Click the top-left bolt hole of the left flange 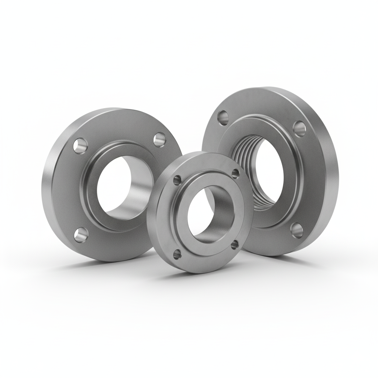click(x=79, y=145)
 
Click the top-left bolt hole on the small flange click(x=178, y=179)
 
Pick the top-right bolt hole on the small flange click(x=235, y=173)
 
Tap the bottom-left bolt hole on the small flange click(x=178, y=253)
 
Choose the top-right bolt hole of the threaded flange click(x=299, y=128)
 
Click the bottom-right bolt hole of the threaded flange click(x=297, y=230)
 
